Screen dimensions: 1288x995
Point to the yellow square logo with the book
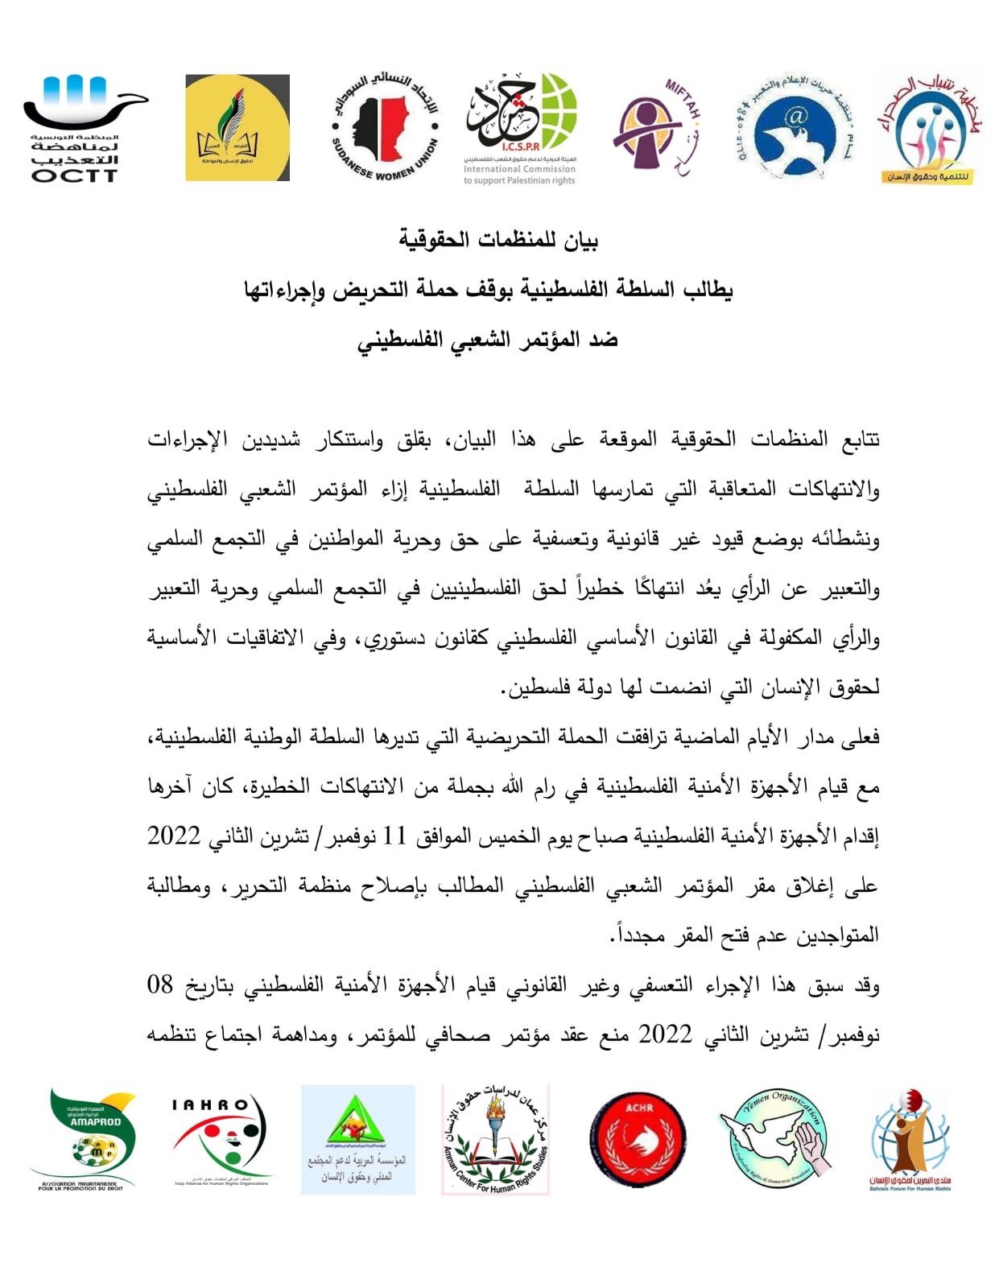point(237,128)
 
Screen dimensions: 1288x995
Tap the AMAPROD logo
point(84,1138)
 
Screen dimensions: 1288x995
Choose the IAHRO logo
point(221,1138)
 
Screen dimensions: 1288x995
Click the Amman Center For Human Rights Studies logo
point(495,1138)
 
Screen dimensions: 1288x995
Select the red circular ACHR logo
point(638,1139)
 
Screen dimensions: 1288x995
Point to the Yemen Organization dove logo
point(776,1137)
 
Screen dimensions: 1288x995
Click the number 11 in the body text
point(394,836)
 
